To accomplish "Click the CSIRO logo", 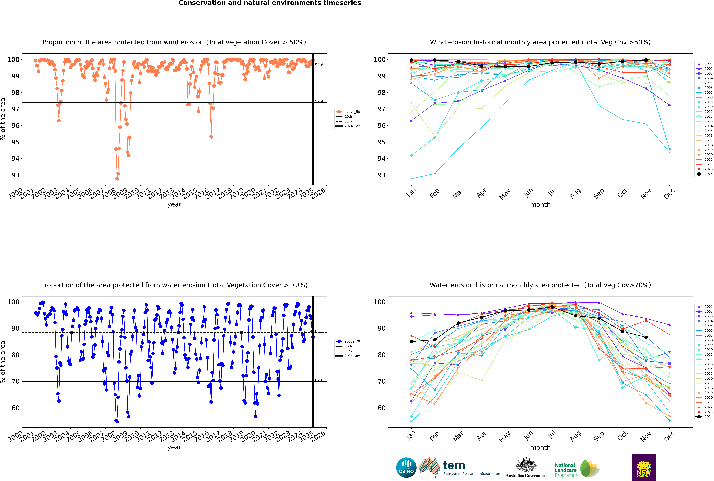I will [406, 468].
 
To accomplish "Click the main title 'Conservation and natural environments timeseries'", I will [270, 3].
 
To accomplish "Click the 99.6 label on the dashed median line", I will [319, 65].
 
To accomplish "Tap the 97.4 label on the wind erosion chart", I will [319, 101].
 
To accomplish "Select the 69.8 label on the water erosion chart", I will [319, 380].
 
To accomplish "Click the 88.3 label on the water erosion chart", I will [319, 331].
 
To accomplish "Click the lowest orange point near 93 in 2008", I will [117, 179].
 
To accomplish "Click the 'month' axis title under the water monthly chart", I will [540, 447].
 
